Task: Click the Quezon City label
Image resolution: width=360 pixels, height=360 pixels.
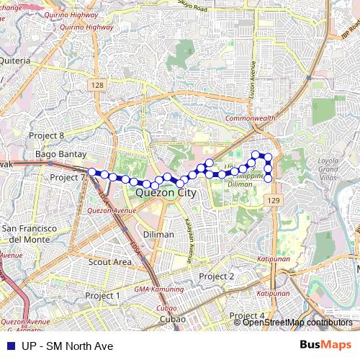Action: click(x=166, y=193)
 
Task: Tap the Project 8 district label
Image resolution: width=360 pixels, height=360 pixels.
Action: click(x=47, y=135)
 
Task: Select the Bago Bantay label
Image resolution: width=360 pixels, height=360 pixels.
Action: click(x=61, y=154)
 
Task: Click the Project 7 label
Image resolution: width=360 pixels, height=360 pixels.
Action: click(x=68, y=177)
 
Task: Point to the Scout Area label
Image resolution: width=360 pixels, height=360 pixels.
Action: click(x=109, y=262)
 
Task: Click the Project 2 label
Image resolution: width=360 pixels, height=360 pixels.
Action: click(x=217, y=276)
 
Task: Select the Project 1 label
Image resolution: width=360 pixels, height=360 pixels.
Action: click(x=102, y=296)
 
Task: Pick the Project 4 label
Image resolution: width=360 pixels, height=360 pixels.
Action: click(x=247, y=316)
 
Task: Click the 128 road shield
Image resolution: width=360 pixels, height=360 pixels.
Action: click(x=98, y=86)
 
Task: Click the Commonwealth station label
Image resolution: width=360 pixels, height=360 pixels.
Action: click(x=250, y=117)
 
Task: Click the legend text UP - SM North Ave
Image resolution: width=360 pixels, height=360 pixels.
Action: click(x=67, y=346)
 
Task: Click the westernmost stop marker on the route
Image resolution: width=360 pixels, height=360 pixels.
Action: click(x=92, y=172)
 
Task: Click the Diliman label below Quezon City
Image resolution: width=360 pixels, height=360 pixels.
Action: click(x=158, y=235)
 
